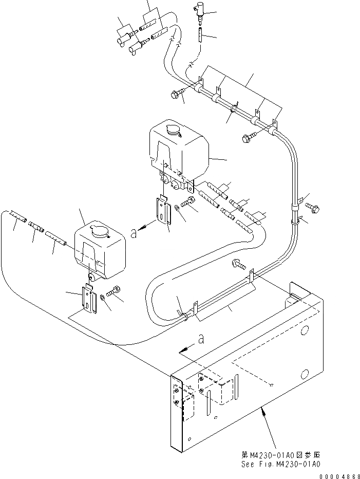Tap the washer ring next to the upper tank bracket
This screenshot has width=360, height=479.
point(177,208)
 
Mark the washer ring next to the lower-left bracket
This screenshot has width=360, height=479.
point(104,297)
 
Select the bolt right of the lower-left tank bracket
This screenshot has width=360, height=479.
point(116,292)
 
